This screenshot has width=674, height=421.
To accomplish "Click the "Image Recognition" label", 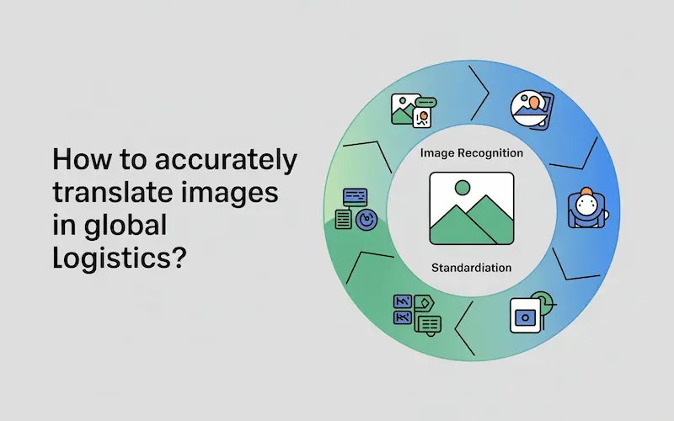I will coord(471,153).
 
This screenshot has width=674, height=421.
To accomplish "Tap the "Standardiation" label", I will coord(471,268).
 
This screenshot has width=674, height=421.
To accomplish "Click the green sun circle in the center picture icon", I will coord(461,188).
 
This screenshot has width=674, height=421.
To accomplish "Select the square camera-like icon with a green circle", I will coord(529,313).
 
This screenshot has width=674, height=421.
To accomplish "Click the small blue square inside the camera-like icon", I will coord(524,318).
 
